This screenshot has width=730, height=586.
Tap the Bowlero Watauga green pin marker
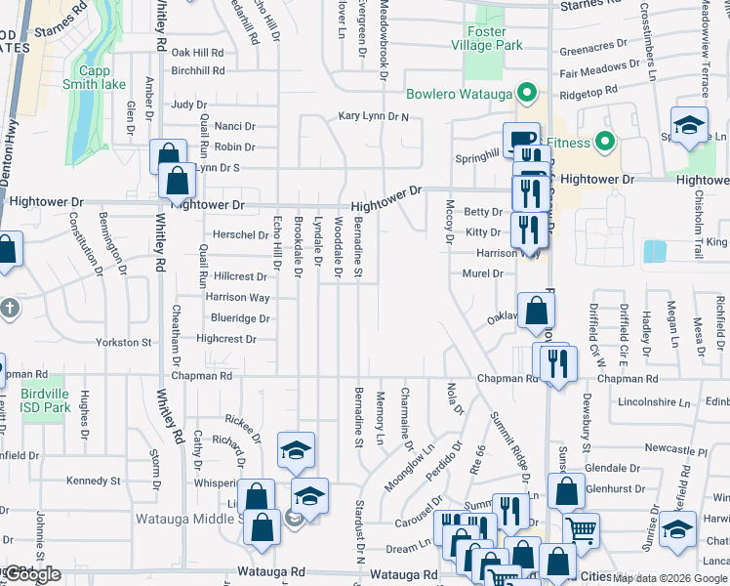[527, 95]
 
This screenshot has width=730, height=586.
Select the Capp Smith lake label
[101, 77]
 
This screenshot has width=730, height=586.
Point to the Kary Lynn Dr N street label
[374, 116]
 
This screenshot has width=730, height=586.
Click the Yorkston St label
[124, 343]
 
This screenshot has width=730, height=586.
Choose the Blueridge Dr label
[240, 318]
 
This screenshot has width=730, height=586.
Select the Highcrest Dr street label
[225, 339]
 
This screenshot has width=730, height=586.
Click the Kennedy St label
[93, 481]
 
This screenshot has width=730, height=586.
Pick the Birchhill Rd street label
[198, 71]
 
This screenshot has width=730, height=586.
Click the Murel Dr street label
[483, 274]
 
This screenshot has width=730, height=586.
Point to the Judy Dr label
[189, 105]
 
